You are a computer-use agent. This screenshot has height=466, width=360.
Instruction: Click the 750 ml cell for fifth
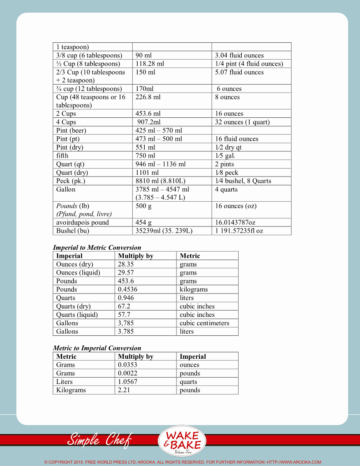(145, 156)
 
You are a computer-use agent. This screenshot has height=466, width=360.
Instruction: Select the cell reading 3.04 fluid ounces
(239, 56)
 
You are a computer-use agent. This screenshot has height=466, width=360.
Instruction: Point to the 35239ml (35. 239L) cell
(164, 231)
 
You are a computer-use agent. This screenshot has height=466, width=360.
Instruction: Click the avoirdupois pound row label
(82, 222)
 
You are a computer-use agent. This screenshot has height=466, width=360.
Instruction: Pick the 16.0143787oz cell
(235, 222)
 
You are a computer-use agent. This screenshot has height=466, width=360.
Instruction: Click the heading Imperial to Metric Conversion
(97, 248)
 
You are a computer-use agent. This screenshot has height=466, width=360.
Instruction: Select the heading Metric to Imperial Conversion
(97, 348)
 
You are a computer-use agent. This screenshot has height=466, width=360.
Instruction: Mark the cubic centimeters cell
(204, 323)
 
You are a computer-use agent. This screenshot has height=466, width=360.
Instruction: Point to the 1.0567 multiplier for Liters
(127, 382)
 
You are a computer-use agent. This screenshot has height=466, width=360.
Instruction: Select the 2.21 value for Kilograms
(124, 390)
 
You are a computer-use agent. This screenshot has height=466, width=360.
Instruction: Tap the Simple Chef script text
(99, 440)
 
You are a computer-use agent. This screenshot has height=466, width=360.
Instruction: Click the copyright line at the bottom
(183, 462)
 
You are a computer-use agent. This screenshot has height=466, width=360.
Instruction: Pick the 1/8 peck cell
(226, 173)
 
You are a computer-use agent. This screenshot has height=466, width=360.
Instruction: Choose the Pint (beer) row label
(71, 131)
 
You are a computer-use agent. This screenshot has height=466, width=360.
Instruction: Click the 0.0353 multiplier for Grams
(127, 365)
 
